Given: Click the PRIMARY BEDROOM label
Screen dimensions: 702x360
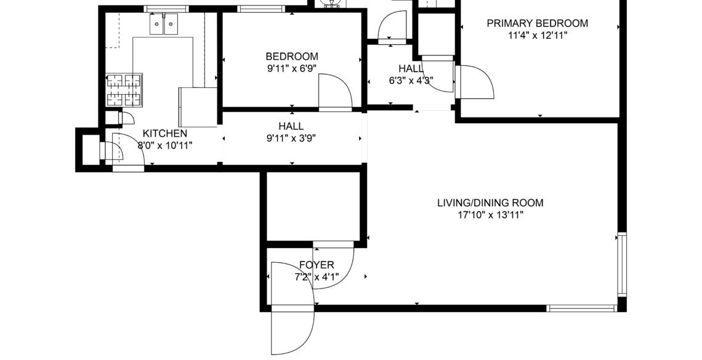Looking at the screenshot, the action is (x=537, y=23).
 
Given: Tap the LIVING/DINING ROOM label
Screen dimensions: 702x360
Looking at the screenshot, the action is (x=490, y=203).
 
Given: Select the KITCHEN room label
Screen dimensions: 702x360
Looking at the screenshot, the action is (x=165, y=134).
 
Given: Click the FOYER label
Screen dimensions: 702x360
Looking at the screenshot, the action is (x=317, y=265).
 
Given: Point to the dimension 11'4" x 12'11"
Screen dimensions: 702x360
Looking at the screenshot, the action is (x=538, y=35).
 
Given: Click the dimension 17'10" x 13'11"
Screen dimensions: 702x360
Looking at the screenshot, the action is (x=490, y=215).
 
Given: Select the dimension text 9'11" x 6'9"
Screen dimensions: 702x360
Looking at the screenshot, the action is (x=292, y=68).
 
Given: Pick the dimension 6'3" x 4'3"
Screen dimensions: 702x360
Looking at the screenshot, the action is (x=411, y=81).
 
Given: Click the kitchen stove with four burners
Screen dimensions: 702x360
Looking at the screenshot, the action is (x=124, y=90).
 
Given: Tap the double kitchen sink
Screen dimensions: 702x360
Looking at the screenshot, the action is (x=163, y=24).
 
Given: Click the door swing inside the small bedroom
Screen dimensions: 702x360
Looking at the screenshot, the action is (x=336, y=92).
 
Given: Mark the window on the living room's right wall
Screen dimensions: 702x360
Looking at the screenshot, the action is (x=622, y=264).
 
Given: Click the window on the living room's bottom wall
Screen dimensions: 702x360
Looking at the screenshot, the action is (x=581, y=308).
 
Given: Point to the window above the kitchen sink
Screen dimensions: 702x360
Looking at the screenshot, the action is (x=166, y=9).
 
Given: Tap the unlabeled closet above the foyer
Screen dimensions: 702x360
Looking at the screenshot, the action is (x=313, y=206).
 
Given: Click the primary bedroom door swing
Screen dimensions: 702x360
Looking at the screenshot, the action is (x=475, y=82).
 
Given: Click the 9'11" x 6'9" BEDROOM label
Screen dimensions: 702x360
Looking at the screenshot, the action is (x=292, y=57).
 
